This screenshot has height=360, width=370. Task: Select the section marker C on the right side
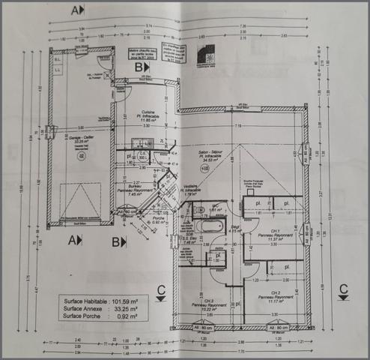pyautogui.click(x=343, y=289)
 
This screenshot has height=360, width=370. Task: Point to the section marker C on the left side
pyautogui.click(x=160, y=289)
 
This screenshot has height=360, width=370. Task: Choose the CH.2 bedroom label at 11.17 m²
pyautogui.click(x=275, y=294)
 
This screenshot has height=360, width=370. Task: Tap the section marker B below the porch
pyautogui.click(x=118, y=241)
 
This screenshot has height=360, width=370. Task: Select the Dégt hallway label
pyautogui.click(x=234, y=229)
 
